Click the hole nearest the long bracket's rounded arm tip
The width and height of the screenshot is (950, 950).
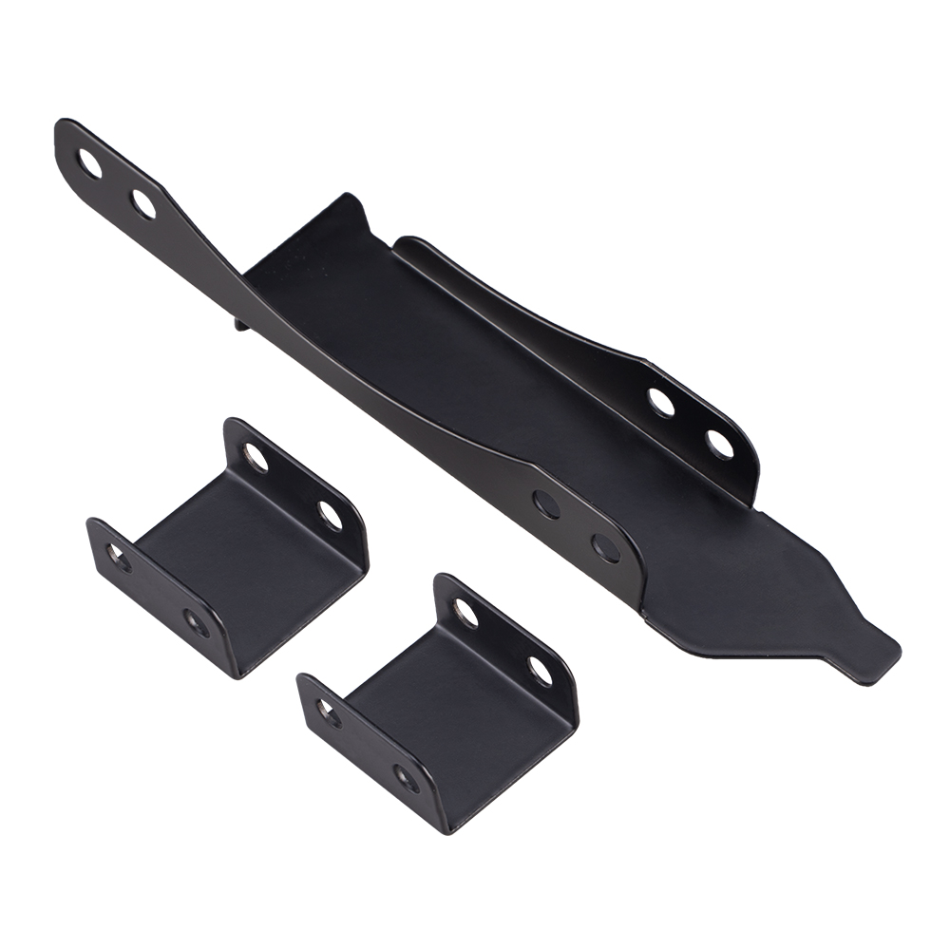click(x=90, y=165)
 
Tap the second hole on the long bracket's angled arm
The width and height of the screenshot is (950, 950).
click(x=143, y=204)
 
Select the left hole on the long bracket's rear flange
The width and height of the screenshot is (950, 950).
click(x=661, y=403)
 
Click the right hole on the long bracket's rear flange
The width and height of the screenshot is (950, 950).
click(x=720, y=443)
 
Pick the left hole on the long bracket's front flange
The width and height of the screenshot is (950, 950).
click(x=546, y=504)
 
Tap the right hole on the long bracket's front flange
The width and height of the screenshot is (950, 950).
click(x=605, y=548)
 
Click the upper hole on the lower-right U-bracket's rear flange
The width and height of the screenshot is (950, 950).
click(x=466, y=613)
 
